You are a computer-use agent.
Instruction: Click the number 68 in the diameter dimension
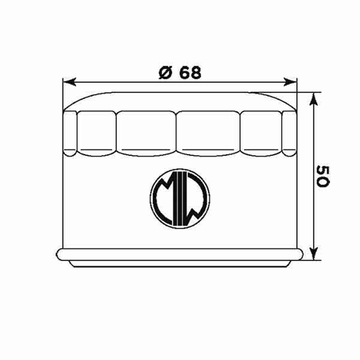click(190, 73)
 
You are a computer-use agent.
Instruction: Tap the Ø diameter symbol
click(165, 73)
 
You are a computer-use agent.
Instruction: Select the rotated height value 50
click(322, 176)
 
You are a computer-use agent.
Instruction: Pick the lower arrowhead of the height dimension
click(314, 253)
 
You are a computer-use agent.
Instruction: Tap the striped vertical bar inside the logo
click(180, 199)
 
